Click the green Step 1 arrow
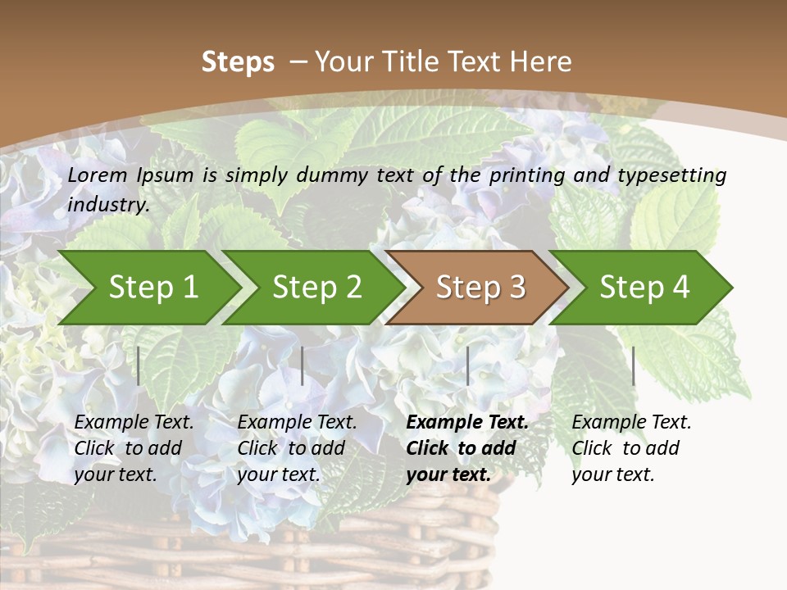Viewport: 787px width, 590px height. (152, 288)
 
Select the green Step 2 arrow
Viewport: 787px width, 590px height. (316, 288)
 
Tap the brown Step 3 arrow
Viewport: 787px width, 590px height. (480, 288)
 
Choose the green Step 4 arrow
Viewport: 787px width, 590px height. (644, 288)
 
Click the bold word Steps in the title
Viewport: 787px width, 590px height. (238, 62)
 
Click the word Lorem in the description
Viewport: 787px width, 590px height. (97, 175)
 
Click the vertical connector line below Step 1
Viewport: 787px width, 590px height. (139, 365)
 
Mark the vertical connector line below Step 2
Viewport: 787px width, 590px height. (303, 365)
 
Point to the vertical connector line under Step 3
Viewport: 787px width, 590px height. (467, 365)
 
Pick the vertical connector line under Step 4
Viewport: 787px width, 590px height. (633, 365)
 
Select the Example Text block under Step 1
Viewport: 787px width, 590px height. (134, 448)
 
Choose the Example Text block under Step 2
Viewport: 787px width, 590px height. (297, 448)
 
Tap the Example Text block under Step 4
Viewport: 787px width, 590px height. (631, 448)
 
